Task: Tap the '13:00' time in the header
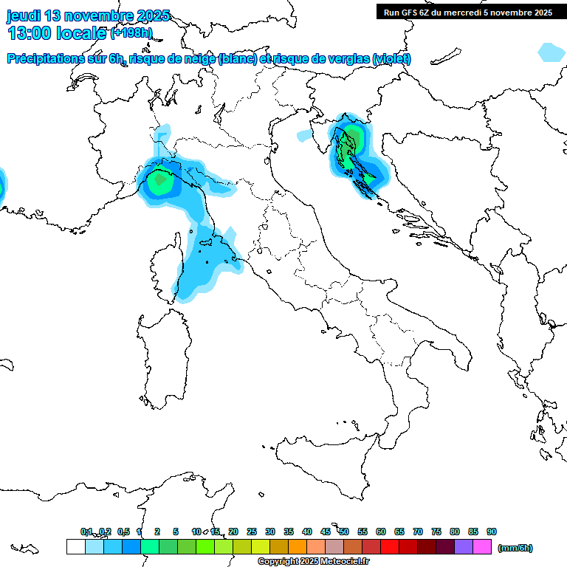click(31, 32)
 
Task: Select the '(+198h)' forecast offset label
click(131, 33)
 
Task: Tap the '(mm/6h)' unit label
click(515, 548)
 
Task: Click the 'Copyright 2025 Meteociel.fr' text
click(313, 562)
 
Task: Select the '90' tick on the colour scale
click(492, 532)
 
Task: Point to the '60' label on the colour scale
click(381, 532)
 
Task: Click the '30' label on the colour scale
click(270, 532)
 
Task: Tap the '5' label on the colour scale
click(176, 532)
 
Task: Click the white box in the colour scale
click(75, 547)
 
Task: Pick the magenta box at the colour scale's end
click(482, 547)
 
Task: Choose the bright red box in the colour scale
click(390, 547)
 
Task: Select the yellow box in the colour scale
click(261, 547)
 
